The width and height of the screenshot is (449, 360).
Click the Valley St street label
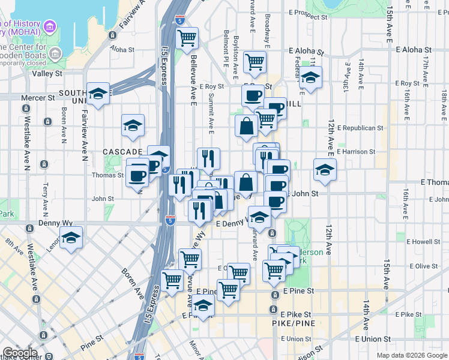click(47, 74)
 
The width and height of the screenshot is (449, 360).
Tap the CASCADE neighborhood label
click(122, 152)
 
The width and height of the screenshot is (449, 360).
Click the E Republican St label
click(360, 128)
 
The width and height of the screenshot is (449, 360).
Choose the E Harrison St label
click(355, 152)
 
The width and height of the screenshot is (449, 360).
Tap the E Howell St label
click(423, 242)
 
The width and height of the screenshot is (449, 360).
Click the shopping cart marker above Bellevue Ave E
click(187, 38)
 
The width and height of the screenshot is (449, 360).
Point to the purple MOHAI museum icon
click(50, 27)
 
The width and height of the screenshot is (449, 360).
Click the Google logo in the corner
click(20, 353)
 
